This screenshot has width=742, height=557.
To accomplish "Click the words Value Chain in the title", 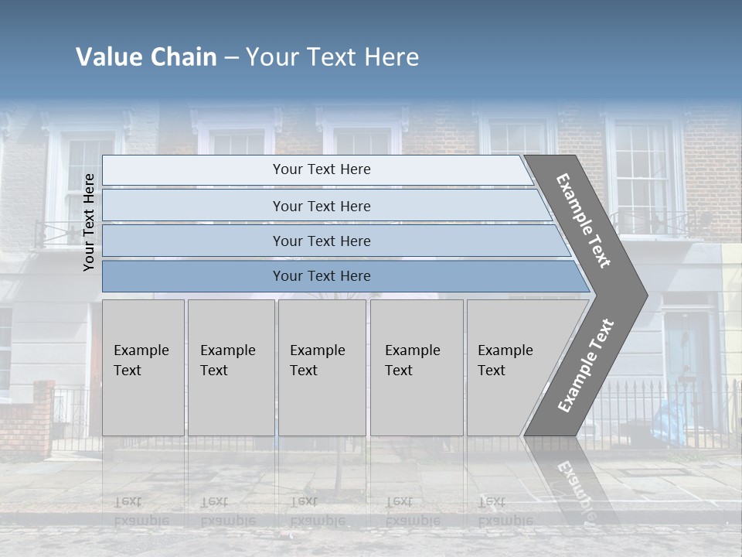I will pos(146,57).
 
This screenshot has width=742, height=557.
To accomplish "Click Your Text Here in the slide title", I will pos(332,57).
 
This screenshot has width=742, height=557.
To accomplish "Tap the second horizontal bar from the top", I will pos(322,206).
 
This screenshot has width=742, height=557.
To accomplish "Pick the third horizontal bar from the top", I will pos(322,241).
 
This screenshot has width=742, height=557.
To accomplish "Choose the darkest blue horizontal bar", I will pos(322,276).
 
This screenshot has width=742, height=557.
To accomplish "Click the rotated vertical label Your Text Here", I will pos(89,222).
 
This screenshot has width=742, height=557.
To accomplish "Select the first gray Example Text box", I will pos(143,367).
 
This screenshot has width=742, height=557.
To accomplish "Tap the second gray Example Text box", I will pos(230,367).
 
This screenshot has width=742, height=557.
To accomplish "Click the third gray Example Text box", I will pos(322,367).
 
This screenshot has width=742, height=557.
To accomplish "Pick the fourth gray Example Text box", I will pos(416,367).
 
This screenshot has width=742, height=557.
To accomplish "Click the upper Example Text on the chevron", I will pos(584,220).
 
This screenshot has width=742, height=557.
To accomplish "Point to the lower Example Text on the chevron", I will pos(586,365).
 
